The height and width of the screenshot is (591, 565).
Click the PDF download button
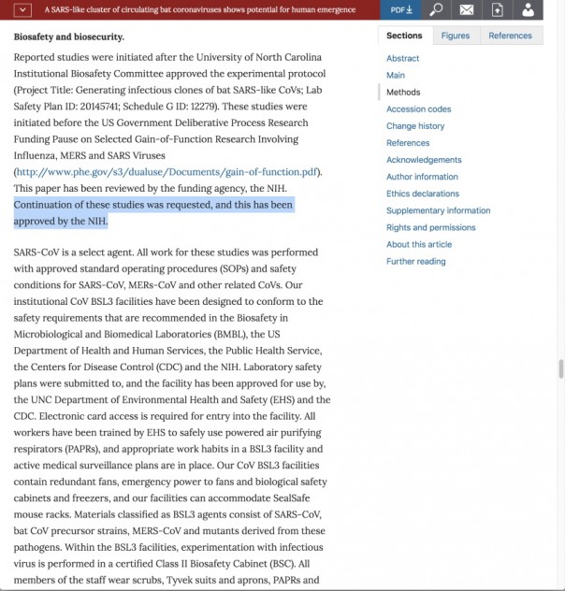tap(401, 9)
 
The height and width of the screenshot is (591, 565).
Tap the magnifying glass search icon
tap(436, 9)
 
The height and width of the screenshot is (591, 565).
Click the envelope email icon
tap(466, 9)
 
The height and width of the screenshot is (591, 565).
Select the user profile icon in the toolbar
tap(529, 9)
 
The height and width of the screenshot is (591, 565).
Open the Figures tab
tap(456, 36)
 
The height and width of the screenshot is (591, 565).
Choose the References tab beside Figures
tap(510, 36)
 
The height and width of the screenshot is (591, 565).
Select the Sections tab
tap(404, 36)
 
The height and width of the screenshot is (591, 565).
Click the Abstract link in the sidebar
tap(402, 58)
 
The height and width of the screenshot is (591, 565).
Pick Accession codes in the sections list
tap(418, 109)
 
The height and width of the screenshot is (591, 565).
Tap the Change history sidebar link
tap(415, 126)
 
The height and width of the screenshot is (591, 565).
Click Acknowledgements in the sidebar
tap(424, 160)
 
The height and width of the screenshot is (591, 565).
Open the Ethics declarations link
tap(423, 194)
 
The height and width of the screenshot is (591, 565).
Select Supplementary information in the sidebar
tap(438, 210)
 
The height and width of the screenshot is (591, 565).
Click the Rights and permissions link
tap(430, 227)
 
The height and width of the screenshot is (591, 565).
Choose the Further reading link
tap(415, 261)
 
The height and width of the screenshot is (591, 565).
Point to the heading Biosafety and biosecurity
tap(68, 37)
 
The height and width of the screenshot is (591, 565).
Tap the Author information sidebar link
tap(422, 177)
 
